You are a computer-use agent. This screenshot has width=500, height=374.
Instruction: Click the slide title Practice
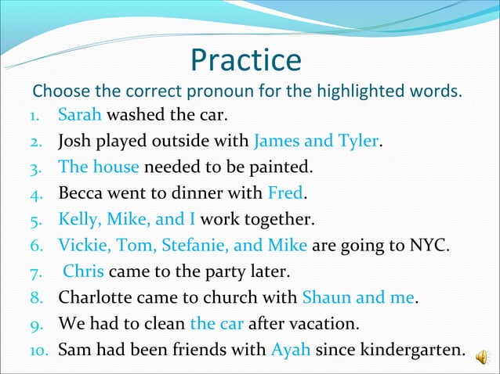245,60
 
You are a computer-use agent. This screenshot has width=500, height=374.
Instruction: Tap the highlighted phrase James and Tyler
316,142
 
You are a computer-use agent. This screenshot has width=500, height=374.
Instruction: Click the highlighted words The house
98,167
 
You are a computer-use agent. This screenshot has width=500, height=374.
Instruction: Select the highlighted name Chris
84,272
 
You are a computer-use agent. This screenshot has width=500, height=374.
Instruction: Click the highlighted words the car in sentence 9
216,323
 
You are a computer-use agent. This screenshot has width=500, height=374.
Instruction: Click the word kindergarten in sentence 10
407,348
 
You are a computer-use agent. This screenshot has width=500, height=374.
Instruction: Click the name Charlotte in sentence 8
97,297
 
